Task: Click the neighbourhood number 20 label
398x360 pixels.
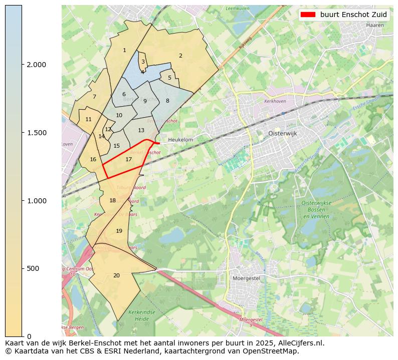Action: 116,275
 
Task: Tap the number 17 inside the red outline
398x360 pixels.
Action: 129,160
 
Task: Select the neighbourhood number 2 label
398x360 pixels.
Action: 180,56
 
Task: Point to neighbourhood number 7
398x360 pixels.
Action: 94,97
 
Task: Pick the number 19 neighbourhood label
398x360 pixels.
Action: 119,231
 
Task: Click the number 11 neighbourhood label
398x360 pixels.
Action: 89,119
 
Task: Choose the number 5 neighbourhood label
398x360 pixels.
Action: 169,78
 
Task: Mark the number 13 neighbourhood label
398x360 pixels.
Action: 141,130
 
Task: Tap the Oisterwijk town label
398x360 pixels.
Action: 279,134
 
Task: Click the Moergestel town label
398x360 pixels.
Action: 246,278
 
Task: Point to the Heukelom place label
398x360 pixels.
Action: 180,140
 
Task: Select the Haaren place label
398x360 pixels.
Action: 375,25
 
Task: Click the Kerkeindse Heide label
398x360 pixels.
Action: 139,315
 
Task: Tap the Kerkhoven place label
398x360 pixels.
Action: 274,101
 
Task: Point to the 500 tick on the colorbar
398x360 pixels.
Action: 33,268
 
